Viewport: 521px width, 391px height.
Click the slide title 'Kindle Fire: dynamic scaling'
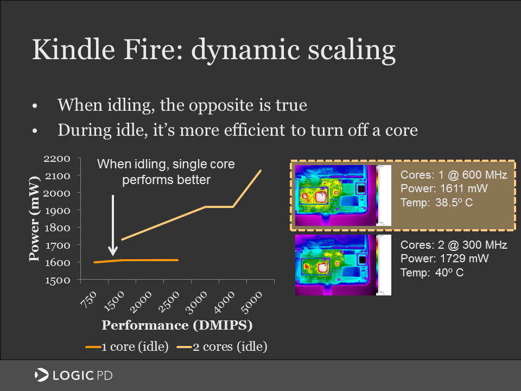(x=213, y=50)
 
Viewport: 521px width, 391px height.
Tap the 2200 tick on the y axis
(x=57, y=159)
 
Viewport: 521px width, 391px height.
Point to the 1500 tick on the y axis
(x=57, y=280)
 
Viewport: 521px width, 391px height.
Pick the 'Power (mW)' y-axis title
(x=35, y=219)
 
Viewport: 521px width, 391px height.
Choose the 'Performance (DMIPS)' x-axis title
(x=177, y=325)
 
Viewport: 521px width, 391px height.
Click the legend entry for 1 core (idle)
(x=127, y=346)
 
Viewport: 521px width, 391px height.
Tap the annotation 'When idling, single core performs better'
(x=166, y=172)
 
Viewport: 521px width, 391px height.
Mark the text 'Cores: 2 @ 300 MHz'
(x=454, y=245)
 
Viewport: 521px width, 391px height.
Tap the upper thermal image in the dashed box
(x=342, y=195)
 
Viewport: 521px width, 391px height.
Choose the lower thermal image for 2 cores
(x=342, y=265)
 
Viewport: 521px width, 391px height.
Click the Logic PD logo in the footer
(x=73, y=375)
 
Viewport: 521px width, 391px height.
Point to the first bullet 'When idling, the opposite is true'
(x=182, y=105)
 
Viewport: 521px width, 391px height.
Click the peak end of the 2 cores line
(x=261, y=171)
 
